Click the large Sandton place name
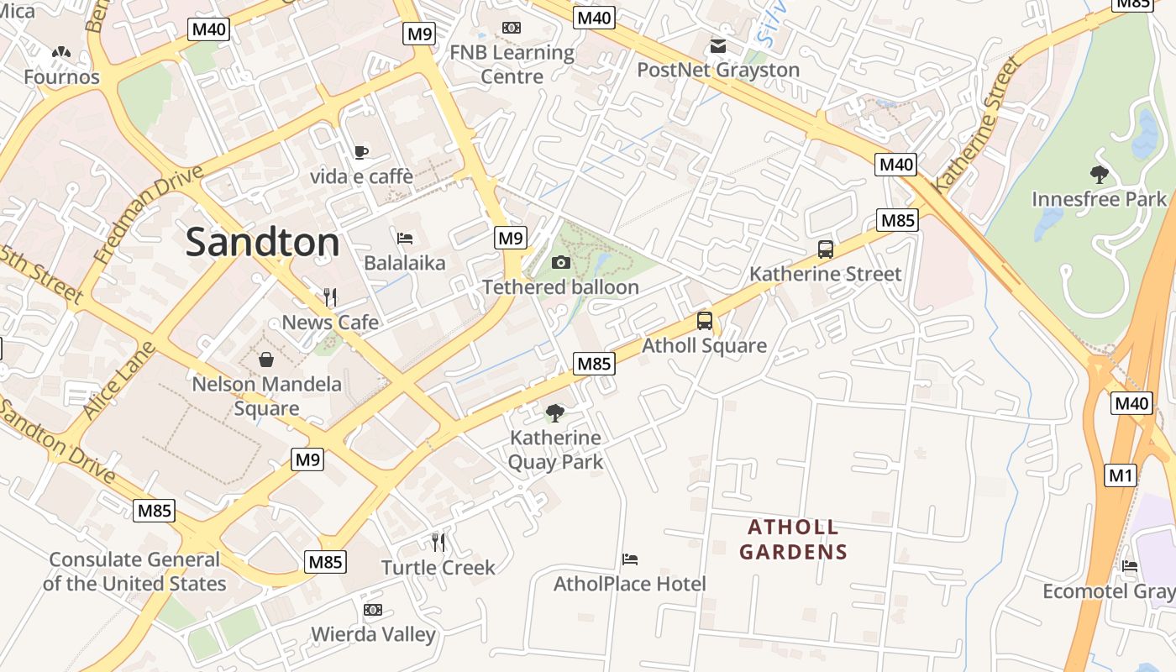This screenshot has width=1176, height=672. (262, 242)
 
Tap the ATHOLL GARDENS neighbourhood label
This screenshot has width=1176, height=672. (793, 539)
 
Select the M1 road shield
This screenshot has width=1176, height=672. (1121, 476)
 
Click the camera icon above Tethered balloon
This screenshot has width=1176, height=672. (561, 263)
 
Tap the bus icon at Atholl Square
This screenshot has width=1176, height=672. (704, 321)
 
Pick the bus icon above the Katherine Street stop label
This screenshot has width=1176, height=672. (826, 249)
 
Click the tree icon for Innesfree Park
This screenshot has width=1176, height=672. (1099, 175)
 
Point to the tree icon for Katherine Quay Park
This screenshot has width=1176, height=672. (554, 412)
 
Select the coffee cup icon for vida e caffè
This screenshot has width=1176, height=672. (361, 152)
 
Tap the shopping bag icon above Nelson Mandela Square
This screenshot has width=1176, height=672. (266, 360)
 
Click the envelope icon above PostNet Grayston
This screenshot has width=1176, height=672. (718, 45)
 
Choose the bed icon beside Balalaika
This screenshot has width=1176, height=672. (405, 239)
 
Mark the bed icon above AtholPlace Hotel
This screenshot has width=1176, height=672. (630, 559)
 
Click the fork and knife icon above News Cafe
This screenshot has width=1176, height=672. (330, 297)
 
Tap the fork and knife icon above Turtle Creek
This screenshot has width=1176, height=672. (438, 543)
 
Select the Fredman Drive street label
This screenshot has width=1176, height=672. (150, 214)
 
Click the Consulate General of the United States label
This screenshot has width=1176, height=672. (134, 571)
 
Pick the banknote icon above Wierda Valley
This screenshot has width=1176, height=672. (373, 610)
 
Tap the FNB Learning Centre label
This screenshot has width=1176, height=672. (512, 64)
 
